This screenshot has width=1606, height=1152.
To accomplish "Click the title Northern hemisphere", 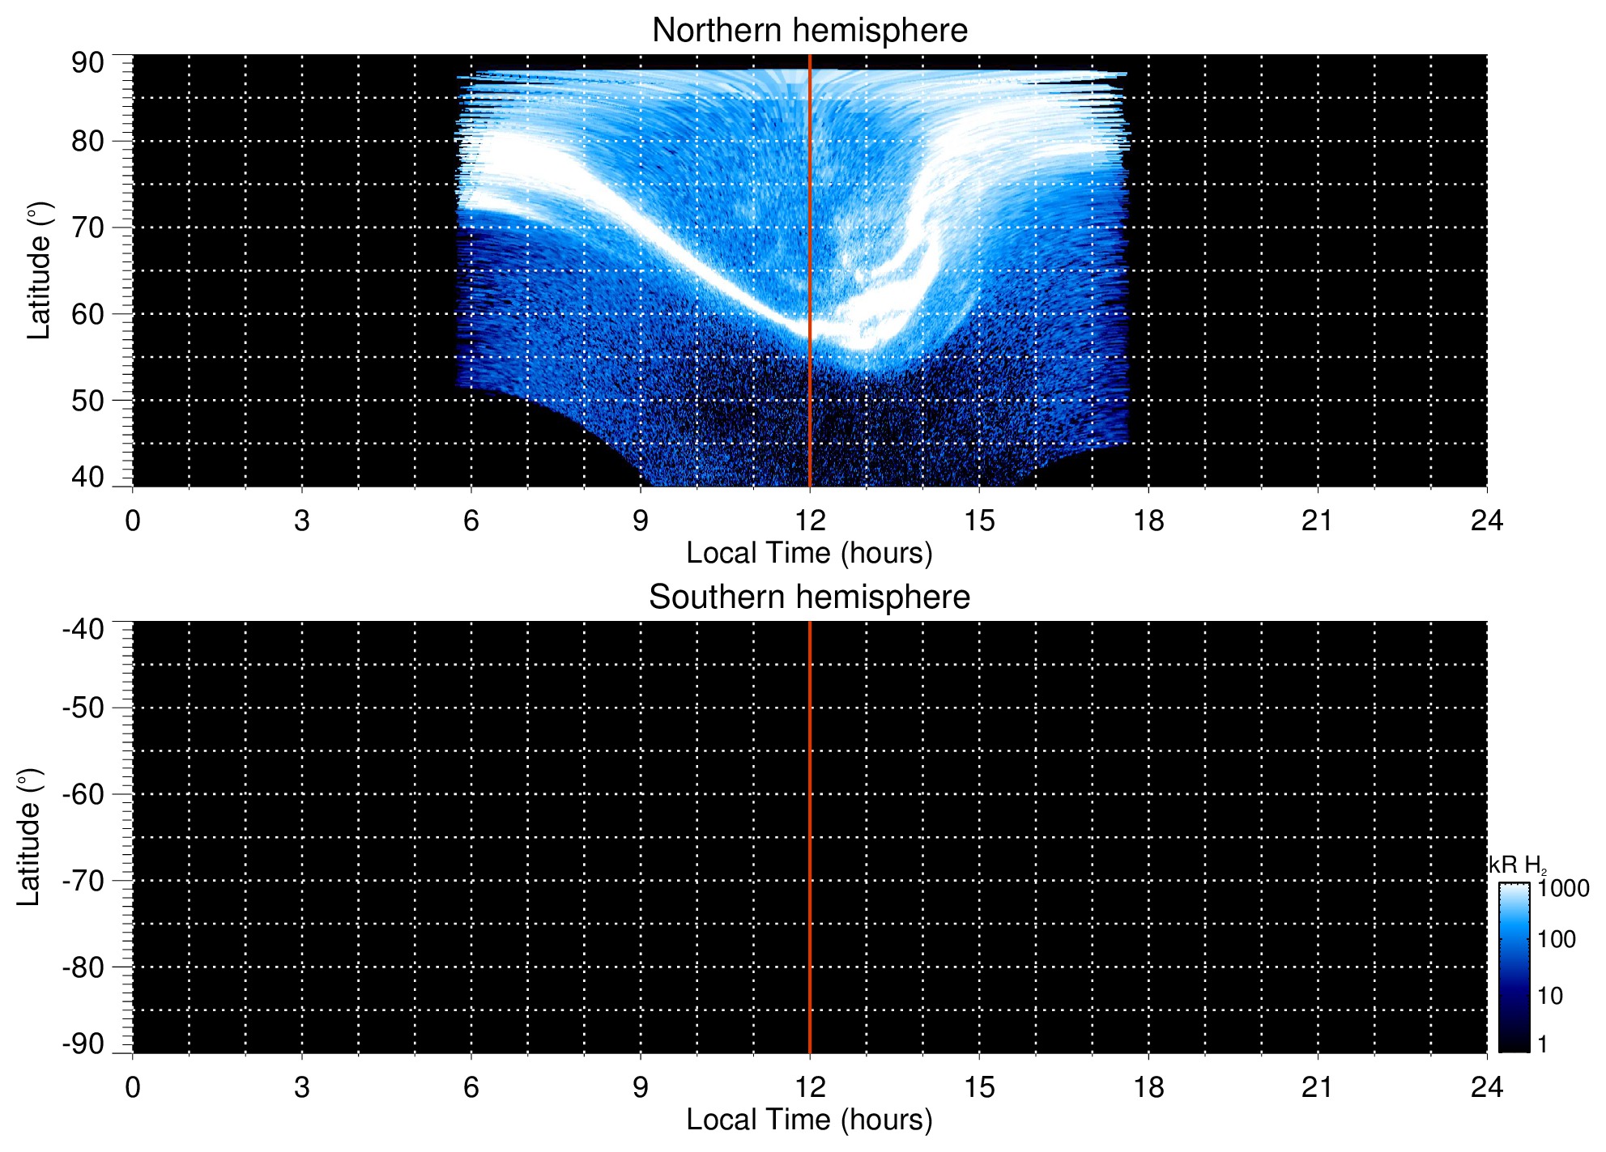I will point(809,31).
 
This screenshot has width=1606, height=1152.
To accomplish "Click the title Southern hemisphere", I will point(809,597).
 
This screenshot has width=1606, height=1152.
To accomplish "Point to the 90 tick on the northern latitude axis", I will point(87,63).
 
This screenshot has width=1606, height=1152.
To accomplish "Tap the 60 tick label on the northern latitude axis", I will point(87,314).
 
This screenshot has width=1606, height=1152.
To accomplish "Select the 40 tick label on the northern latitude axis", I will point(87,478).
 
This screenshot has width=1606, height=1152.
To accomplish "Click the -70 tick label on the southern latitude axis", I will point(83,881).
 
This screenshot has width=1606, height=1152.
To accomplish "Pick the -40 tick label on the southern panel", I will point(83,630).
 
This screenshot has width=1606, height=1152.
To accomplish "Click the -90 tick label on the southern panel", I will point(83,1044).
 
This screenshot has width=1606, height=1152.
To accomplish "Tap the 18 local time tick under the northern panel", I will point(1148,521).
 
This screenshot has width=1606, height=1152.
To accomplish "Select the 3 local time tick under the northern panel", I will point(302,521).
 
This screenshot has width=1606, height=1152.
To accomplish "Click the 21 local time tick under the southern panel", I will point(1318,1087).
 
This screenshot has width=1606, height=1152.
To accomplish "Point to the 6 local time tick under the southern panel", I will point(471,1087).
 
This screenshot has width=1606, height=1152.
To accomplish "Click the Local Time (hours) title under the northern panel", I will point(809,554).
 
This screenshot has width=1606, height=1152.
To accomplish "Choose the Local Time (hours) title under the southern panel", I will point(809,1120).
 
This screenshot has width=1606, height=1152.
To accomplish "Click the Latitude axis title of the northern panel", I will point(39,270).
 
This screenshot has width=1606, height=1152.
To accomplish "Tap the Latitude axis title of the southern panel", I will point(29,837).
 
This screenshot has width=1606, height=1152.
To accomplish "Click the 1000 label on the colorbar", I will point(1563,889).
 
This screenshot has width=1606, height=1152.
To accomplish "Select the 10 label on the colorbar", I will point(1550,997).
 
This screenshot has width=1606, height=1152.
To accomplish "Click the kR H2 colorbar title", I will point(1518,865).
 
